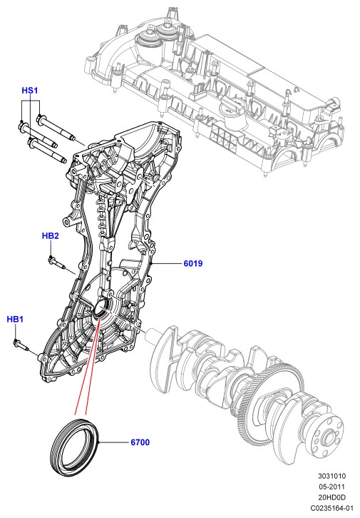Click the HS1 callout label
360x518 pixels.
30,91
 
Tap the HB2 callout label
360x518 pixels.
50,236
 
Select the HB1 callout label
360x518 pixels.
15,320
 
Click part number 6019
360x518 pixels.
193,263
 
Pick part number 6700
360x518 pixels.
140,442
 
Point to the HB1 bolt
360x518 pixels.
21,345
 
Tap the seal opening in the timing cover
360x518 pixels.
101,308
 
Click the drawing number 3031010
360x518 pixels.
332,476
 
